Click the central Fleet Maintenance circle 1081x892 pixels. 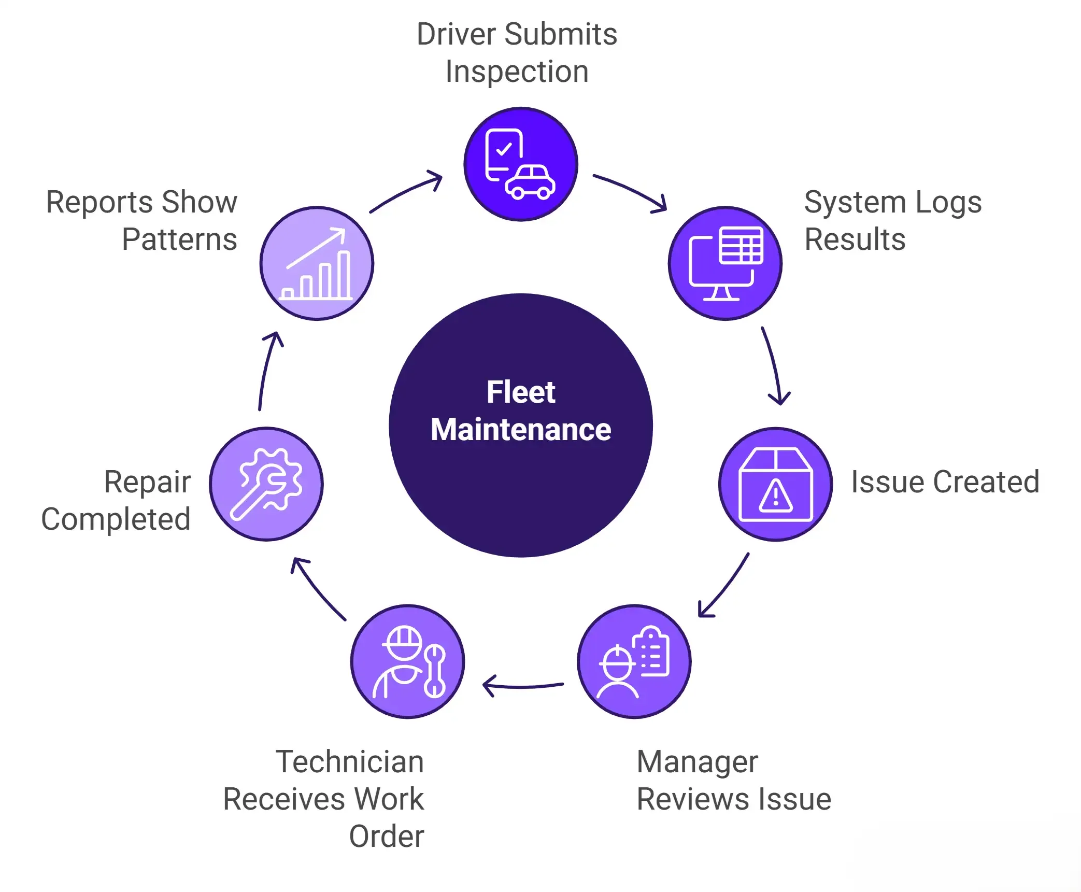(520, 425)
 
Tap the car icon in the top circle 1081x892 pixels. (531, 183)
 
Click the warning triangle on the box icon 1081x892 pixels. (775, 497)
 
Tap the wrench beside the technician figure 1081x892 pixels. (434, 671)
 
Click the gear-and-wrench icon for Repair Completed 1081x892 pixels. (267, 484)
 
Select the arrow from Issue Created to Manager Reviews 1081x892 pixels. (725, 586)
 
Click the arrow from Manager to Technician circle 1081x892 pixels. (522, 686)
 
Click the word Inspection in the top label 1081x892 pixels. (517, 72)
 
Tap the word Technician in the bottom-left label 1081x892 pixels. (350, 761)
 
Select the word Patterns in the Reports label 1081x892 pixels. (179, 239)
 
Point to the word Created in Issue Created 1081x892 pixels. (986, 482)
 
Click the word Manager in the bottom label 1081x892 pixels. (697, 762)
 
